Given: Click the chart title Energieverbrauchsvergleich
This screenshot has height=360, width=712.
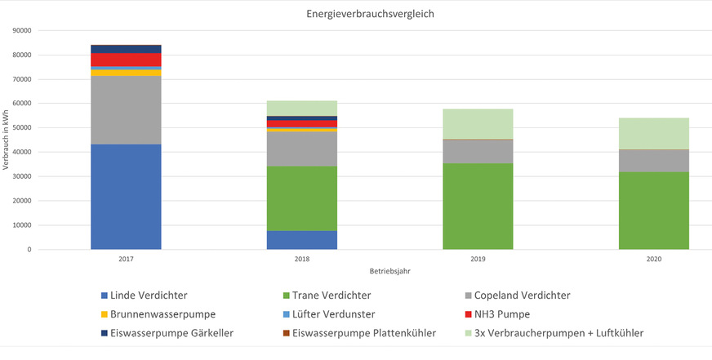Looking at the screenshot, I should [355, 14].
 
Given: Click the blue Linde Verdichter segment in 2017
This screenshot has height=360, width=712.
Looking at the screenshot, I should [126, 196].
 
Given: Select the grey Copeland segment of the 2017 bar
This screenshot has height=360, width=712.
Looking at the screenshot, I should [126, 110].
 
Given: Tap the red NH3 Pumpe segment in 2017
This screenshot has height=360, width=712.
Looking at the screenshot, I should [126, 60].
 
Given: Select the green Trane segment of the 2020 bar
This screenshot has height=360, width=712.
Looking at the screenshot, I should [654, 211].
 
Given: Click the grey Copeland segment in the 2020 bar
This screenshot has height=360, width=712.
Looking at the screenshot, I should [654, 161].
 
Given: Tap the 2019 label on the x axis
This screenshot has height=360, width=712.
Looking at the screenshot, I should [478, 259].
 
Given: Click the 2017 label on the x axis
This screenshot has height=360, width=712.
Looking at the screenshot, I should [126, 259].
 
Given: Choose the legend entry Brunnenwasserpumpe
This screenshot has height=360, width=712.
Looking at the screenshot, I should [163, 313].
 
